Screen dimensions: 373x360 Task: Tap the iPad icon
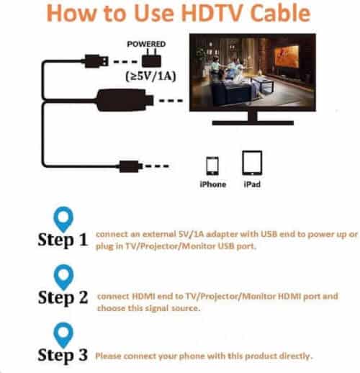251,163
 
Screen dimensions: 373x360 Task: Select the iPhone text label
212,184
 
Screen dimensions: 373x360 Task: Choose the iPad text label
251,184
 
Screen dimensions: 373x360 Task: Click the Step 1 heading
63,241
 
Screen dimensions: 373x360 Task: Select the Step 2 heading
63,297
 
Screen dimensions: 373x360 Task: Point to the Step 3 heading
63,354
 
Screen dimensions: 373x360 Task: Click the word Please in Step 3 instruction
109,356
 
